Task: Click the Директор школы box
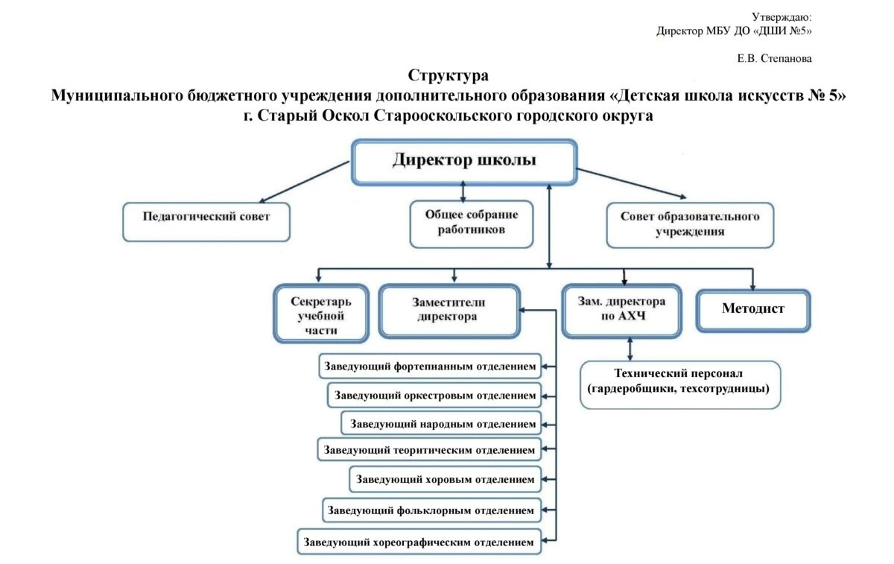464,162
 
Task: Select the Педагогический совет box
206,222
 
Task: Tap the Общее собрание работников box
472,224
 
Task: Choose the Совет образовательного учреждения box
690,225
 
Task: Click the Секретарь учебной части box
321,314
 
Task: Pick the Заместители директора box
449,311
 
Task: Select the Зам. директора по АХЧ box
621,311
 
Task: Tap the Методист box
753,311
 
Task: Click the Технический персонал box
680,384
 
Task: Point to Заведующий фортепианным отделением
430,366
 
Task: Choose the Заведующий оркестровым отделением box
434,395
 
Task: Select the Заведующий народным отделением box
441,423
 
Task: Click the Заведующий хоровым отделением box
445,479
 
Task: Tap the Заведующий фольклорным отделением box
431,510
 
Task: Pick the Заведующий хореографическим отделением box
419,542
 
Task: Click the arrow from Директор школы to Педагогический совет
304,182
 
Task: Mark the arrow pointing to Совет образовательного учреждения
632,183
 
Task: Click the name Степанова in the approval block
786,59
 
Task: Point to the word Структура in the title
448,76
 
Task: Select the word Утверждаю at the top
782,17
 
